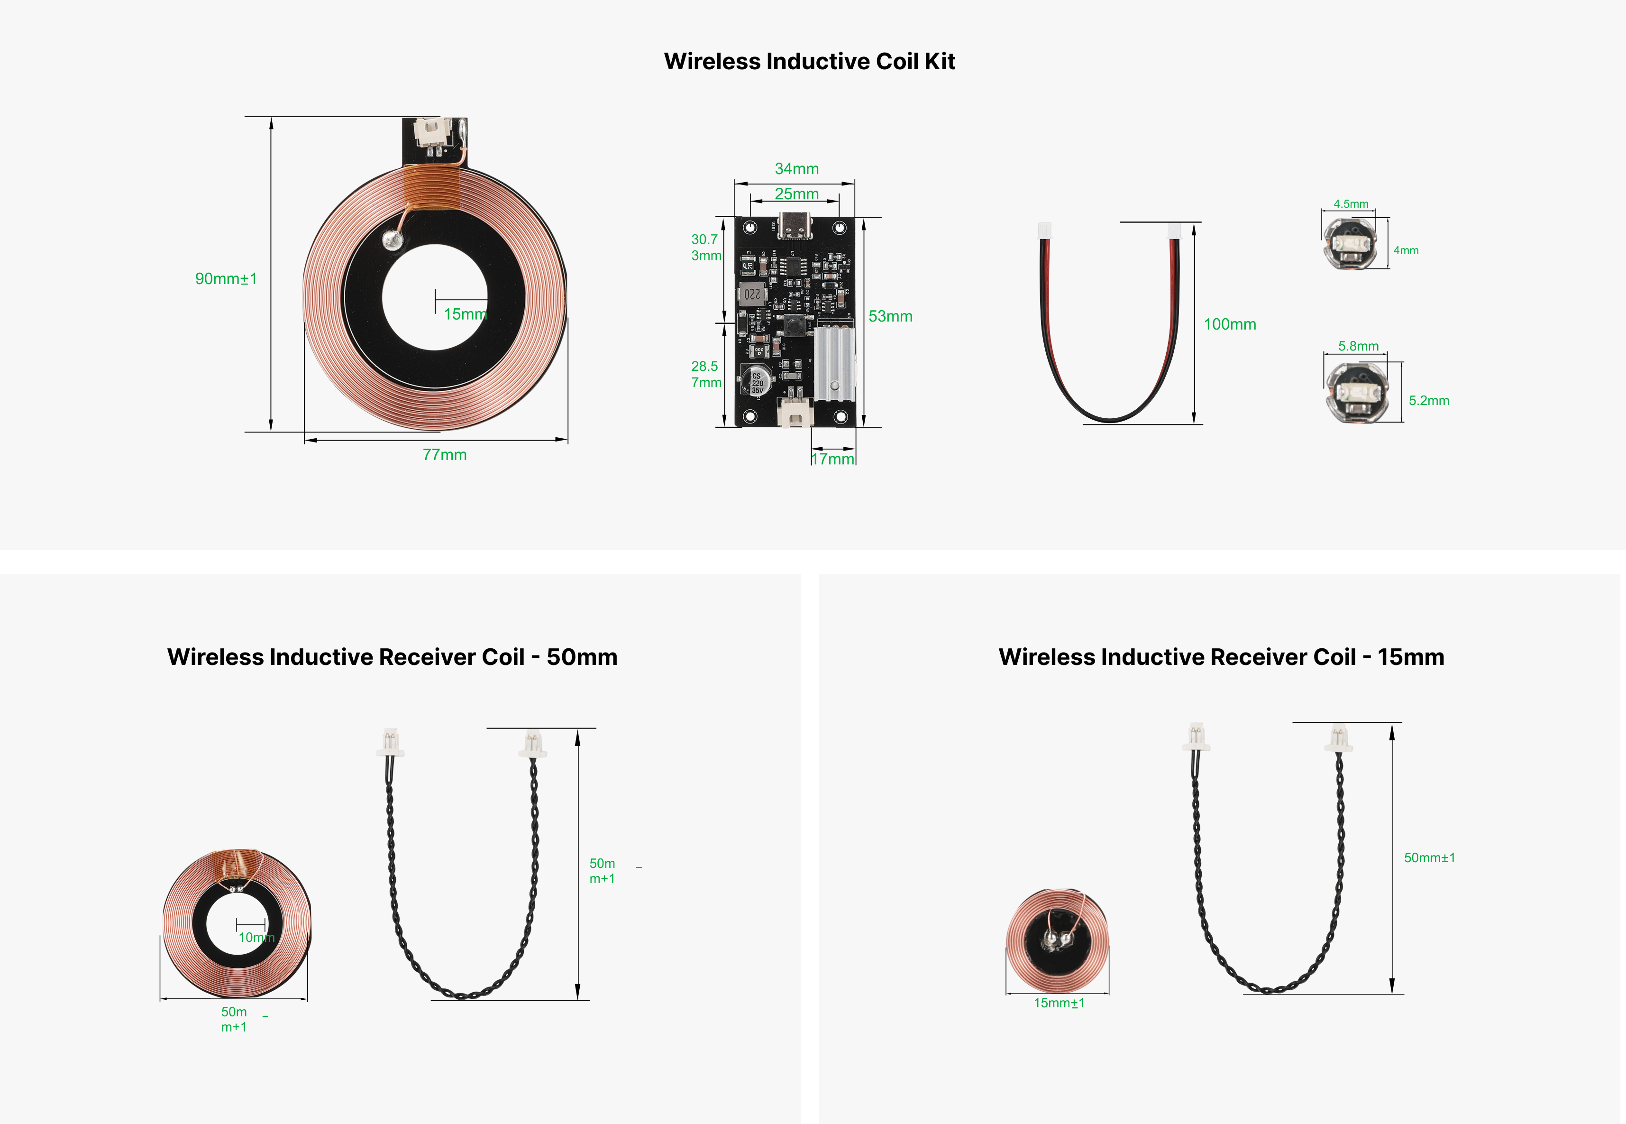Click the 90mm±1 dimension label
point(226,279)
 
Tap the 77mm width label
point(444,455)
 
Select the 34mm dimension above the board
point(797,169)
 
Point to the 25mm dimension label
point(797,193)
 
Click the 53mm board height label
point(890,316)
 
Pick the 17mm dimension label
point(833,459)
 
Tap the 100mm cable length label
point(1230,324)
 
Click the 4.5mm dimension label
point(1351,204)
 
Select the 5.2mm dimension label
point(1429,401)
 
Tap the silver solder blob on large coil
point(392,240)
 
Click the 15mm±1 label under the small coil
point(1059,1003)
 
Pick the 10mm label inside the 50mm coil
point(256,937)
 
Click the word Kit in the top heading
point(939,61)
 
